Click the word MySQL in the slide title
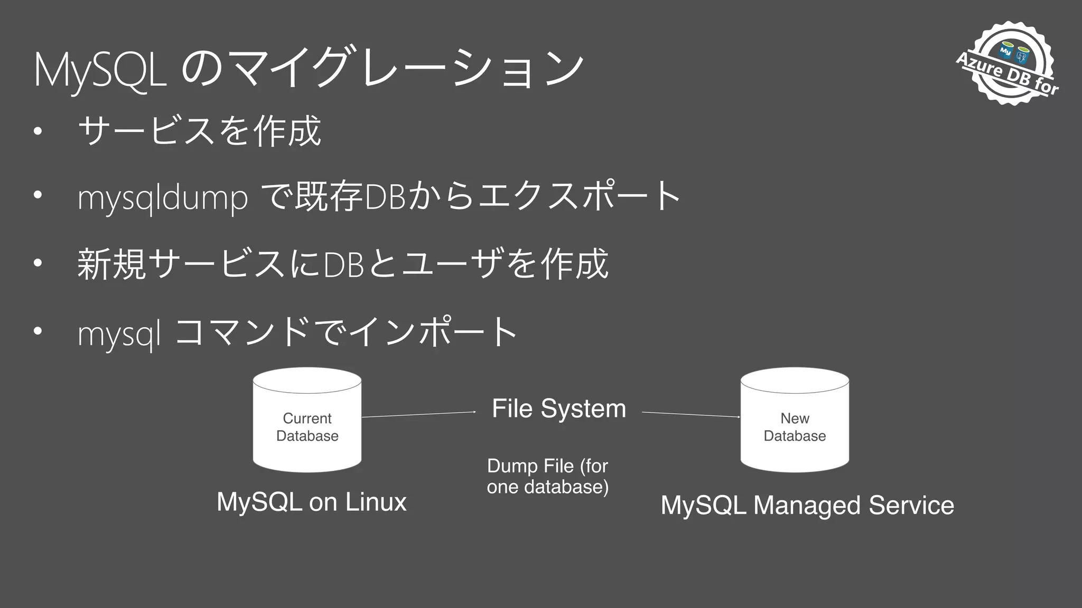tap(100, 70)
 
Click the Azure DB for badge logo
tap(1008, 63)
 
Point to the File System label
tap(559, 408)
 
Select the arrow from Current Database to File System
tap(418, 414)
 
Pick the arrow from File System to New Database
tap(691, 414)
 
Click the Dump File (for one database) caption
tap(548, 476)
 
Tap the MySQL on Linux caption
tap(312, 502)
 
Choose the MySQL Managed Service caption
tap(807, 505)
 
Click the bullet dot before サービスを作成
tap(37, 130)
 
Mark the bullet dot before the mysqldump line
tap(37, 195)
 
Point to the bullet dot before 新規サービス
tap(37, 262)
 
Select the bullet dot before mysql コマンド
tap(37, 331)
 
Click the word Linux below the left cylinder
tap(376, 502)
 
